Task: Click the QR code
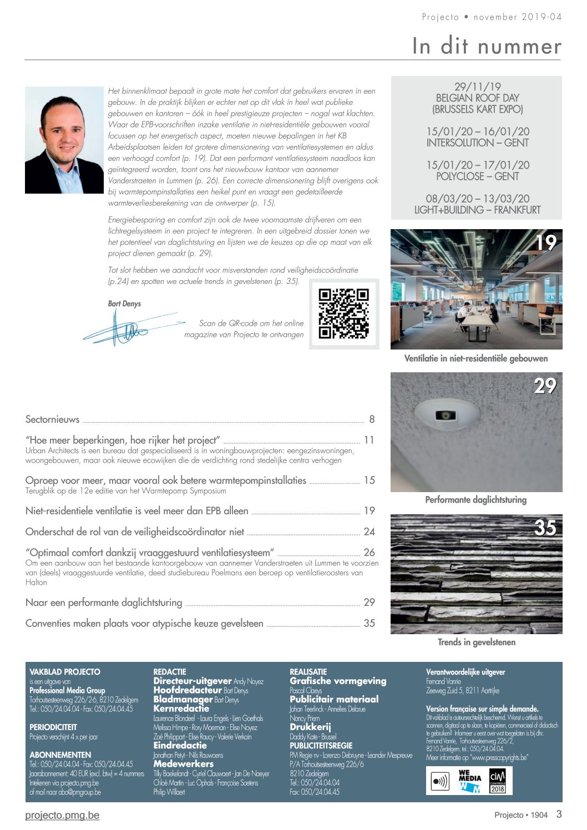343,313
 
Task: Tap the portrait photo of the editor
64,140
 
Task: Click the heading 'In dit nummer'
486,46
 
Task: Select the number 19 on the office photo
545,242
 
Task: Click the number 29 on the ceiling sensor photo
545,386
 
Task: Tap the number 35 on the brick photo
545,528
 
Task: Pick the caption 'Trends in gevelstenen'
476,642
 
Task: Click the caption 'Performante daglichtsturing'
475,500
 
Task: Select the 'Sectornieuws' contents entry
53,419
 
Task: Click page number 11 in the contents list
369,441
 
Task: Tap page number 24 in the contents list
369,532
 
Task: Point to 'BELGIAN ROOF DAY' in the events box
477,98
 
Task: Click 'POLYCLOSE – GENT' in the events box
477,176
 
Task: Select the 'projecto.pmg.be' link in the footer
62,815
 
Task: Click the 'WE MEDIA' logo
469,781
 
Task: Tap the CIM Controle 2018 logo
497,781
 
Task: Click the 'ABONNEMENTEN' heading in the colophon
60,755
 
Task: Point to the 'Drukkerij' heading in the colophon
310,727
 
